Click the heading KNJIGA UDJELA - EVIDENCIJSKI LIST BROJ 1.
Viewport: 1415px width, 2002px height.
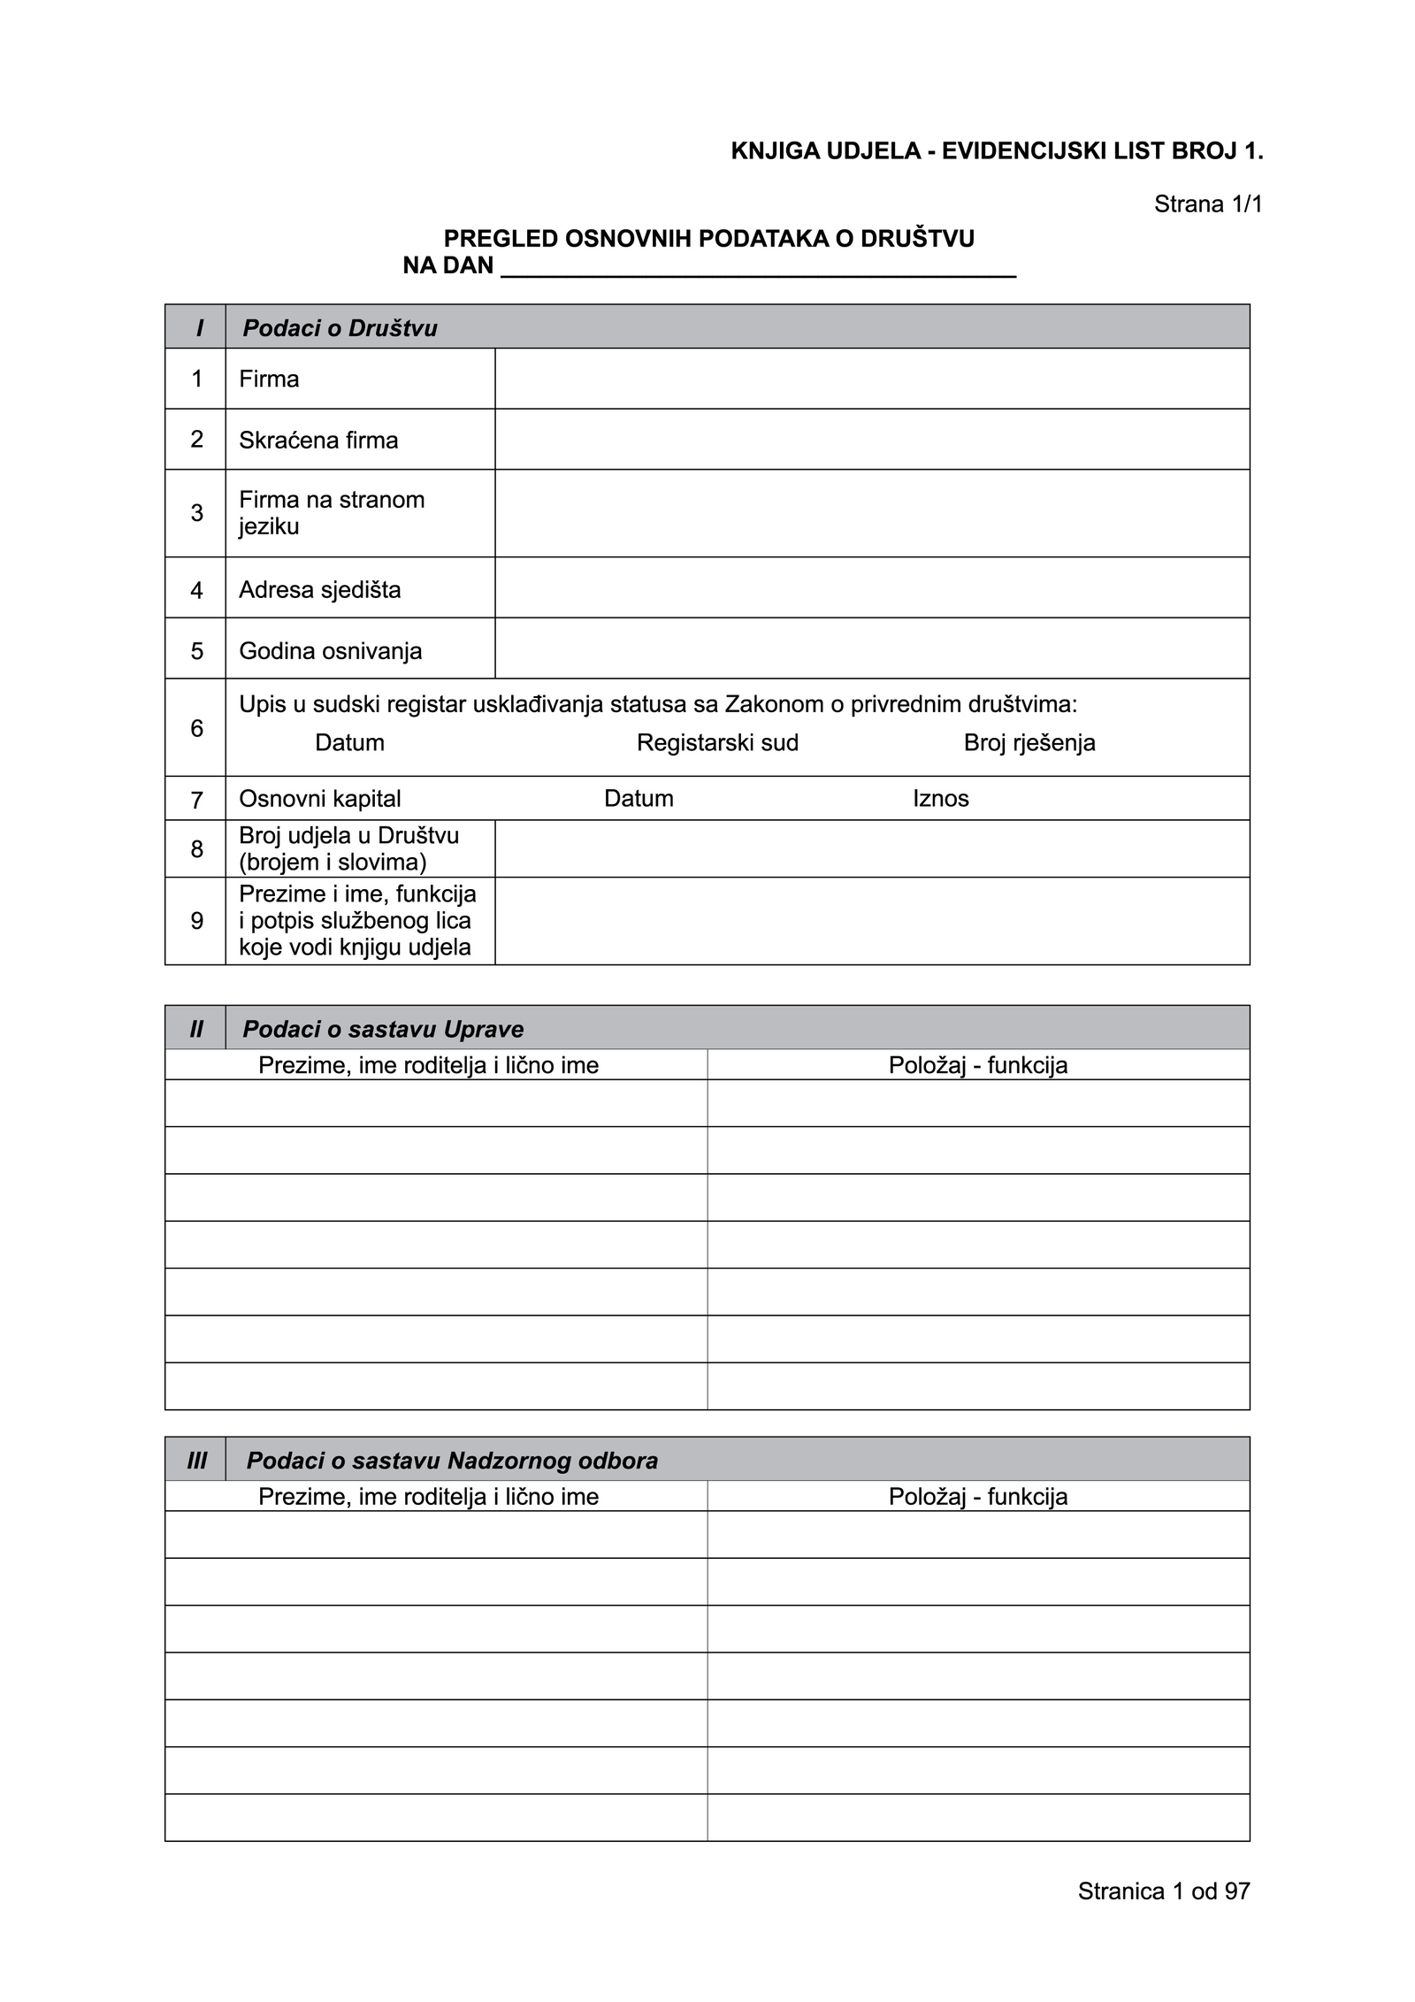(997, 151)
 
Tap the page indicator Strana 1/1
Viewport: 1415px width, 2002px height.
(1208, 204)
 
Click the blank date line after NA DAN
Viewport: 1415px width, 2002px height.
(758, 267)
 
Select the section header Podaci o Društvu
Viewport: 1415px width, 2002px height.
(340, 328)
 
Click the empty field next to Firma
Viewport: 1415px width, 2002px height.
(871, 379)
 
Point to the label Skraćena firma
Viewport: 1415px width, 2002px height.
(318, 440)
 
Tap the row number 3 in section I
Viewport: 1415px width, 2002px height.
(196, 513)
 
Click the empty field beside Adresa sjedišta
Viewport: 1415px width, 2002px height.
(871, 588)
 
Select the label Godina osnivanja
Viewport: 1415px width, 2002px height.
(330, 651)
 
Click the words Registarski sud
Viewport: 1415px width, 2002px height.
(717, 742)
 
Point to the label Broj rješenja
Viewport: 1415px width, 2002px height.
(1029, 742)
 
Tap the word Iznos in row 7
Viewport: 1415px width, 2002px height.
(941, 799)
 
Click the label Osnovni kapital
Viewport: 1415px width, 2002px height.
(319, 799)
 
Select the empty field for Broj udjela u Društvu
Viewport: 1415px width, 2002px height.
(871, 848)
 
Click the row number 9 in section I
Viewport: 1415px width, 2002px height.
(196, 921)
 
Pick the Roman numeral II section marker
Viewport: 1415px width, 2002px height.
(196, 1029)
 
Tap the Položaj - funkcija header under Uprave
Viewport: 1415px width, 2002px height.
(978, 1065)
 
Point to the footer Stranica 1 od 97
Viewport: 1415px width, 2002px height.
(1164, 1891)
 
